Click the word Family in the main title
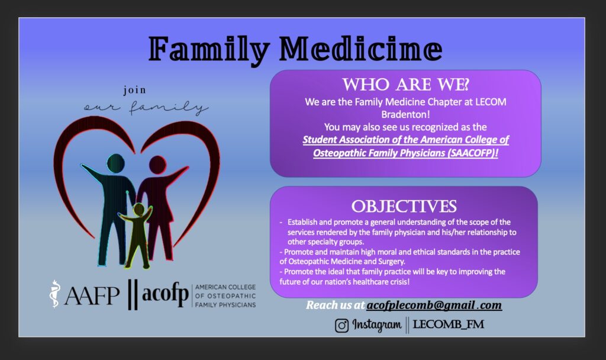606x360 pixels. [x=209, y=50]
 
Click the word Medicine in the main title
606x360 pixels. [x=360, y=49]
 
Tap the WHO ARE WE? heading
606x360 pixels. [x=405, y=85]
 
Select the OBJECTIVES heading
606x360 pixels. [x=404, y=206]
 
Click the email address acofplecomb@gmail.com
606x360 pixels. [x=434, y=305]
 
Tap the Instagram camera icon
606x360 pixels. [x=341, y=325]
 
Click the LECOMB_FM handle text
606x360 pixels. [x=449, y=324]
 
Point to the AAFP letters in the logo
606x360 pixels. [x=92, y=296]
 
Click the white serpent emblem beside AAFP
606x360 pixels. [x=55, y=294]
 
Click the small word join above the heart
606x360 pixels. [x=134, y=90]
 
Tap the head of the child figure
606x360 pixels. [x=138, y=209]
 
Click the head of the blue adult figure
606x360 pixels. [x=115, y=163]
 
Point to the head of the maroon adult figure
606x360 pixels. [x=157, y=165]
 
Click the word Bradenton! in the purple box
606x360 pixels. [x=405, y=114]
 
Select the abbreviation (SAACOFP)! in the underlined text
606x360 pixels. [x=473, y=153]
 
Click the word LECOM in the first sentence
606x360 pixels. [x=491, y=102]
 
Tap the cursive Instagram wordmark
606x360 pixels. [x=377, y=325]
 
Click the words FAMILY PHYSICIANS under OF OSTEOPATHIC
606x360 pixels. [x=225, y=305]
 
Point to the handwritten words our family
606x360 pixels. [x=146, y=107]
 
